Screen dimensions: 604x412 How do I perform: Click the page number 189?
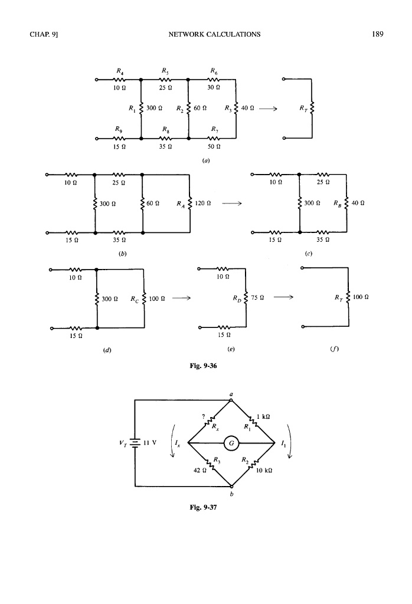378,34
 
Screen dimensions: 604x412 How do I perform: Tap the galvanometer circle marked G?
231,442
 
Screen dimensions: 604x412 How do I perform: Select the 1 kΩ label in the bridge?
264,416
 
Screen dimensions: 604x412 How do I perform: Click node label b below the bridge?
231,494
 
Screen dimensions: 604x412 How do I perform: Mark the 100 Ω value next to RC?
158,298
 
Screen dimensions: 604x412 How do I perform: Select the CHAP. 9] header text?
41,34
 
